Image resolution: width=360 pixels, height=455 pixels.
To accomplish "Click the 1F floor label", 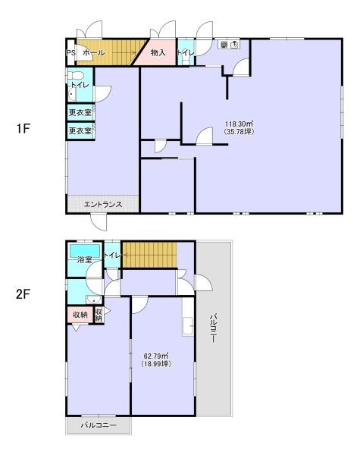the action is (x=23, y=129).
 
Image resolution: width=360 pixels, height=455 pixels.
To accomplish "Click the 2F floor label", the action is (x=23, y=295).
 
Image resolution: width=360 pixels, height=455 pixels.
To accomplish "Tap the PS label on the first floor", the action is (x=70, y=53).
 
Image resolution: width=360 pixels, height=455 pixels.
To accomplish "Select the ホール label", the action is (x=93, y=53).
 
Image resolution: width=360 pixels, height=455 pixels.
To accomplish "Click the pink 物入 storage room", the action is (x=158, y=52).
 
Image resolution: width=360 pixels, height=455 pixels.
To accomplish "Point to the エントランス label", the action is (x=103, y=204).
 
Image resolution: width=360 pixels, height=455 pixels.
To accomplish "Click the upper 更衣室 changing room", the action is (x=80, y=111).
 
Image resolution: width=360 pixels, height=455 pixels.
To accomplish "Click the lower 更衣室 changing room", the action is (x=80, y=131).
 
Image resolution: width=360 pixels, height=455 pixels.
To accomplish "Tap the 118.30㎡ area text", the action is (x=239, y=124).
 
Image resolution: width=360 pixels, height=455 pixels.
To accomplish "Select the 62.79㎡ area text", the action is (x=157, y=356).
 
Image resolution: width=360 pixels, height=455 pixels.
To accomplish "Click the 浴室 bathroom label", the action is (x=84, y=259).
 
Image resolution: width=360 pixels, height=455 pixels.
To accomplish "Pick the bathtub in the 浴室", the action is (x=85, y=251).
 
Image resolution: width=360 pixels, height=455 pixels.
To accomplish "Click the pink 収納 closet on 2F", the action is (x=80, y=314).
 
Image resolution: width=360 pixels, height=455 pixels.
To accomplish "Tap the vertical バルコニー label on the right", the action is (x=213, y=328).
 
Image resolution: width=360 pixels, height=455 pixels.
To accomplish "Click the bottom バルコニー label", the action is (x=99, y=425).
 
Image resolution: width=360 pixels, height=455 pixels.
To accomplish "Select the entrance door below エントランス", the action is (x=99, y=222).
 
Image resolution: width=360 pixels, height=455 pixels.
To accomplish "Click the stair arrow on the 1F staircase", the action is (x=124, y=52).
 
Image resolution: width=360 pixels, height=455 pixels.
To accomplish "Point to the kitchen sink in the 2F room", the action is (x=188, y=327).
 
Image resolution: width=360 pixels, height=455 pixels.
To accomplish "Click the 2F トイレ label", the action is (x=112, y=255).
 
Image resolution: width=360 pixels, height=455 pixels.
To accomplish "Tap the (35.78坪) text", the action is (x=239, y=131).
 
